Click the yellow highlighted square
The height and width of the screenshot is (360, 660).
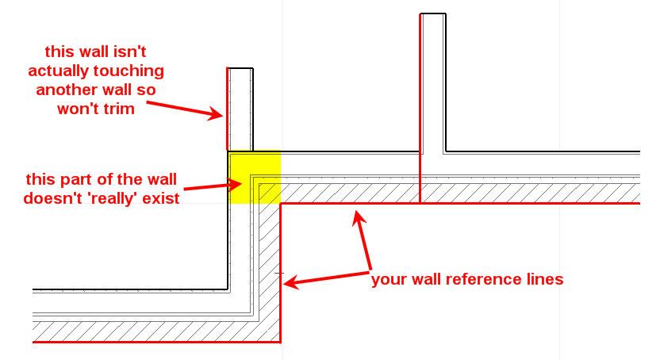click(254, 177)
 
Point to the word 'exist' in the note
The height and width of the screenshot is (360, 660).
click(161, 198)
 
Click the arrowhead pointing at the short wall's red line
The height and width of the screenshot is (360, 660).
click(216, 113)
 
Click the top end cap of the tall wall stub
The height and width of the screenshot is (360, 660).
click(432, 13)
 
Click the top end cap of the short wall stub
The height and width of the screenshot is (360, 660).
click(240, 68)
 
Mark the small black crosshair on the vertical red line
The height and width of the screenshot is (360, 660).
click(280, 274)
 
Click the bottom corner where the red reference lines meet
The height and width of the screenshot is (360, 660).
click(281, 342)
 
